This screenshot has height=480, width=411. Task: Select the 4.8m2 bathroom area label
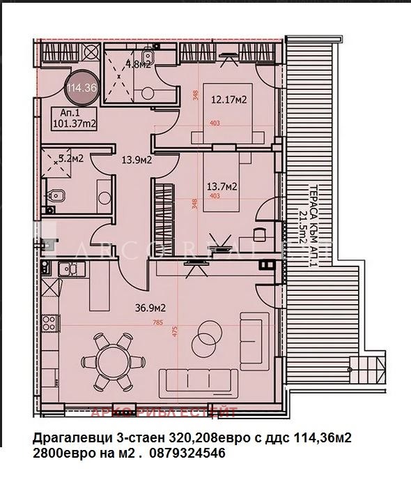click(x=137, y=66)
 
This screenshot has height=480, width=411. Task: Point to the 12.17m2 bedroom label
click(x=229, y=100)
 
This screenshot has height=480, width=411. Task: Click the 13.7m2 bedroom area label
click(x=223, y=186)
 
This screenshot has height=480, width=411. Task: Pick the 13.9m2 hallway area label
click(x=137, y=160)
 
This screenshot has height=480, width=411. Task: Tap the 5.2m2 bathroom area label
click(x=70, y=158)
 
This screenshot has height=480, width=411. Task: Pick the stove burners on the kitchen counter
click(x=49, y=322)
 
